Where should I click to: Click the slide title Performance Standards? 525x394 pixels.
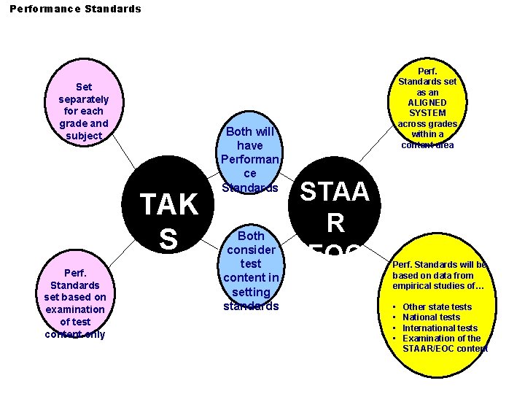(75, 9)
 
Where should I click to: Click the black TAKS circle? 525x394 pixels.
(168, 212)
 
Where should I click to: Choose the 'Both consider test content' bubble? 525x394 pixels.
(251, 271)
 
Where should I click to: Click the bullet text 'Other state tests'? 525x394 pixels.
(437, 307)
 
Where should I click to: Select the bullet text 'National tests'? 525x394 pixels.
(431, 317)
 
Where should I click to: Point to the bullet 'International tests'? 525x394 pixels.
(440, 328)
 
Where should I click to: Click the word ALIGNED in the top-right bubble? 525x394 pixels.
(427, 102)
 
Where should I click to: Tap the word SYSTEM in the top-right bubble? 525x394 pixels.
(427, 113)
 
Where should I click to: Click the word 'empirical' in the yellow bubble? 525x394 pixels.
(413, 286)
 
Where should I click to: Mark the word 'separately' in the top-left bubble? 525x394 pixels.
(84, 99)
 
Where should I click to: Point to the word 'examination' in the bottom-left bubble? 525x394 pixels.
(75, 309)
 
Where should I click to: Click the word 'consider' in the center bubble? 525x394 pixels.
(251, 250)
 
